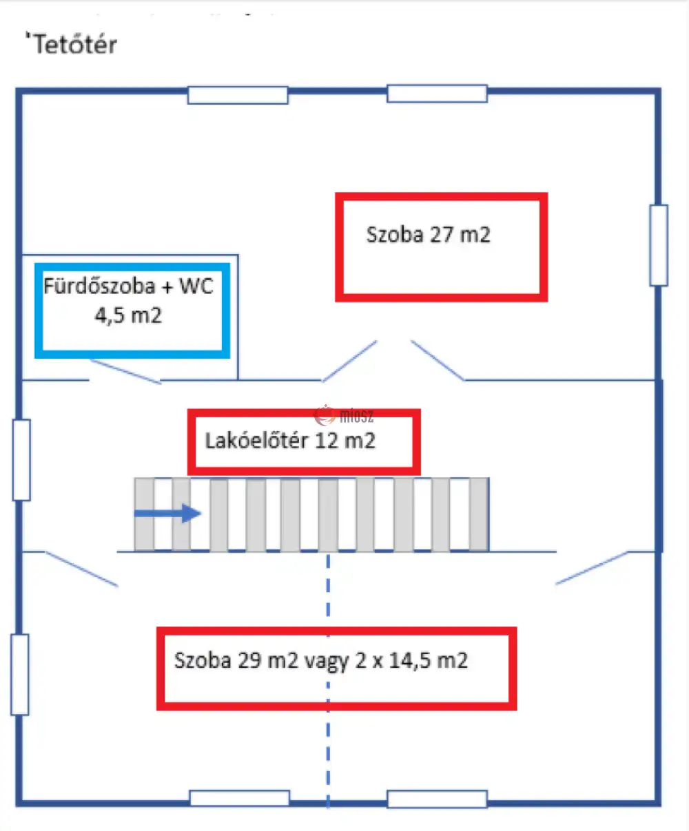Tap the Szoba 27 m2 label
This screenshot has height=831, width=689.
428,234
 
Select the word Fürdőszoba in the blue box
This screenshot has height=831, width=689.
99,286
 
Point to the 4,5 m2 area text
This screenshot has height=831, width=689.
128,315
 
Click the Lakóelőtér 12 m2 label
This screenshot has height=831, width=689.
290,441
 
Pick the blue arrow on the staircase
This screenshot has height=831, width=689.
167,513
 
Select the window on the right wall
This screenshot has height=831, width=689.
659,245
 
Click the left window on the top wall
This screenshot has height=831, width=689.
238,95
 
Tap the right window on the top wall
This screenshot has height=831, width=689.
438,94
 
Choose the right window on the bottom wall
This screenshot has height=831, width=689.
438,799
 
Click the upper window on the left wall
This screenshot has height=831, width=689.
21,460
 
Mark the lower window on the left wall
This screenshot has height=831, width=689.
19,675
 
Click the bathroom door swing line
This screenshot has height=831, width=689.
125,371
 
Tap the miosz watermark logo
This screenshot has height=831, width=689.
344,416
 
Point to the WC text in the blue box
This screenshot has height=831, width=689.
196,286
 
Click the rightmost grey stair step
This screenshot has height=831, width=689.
479,514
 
